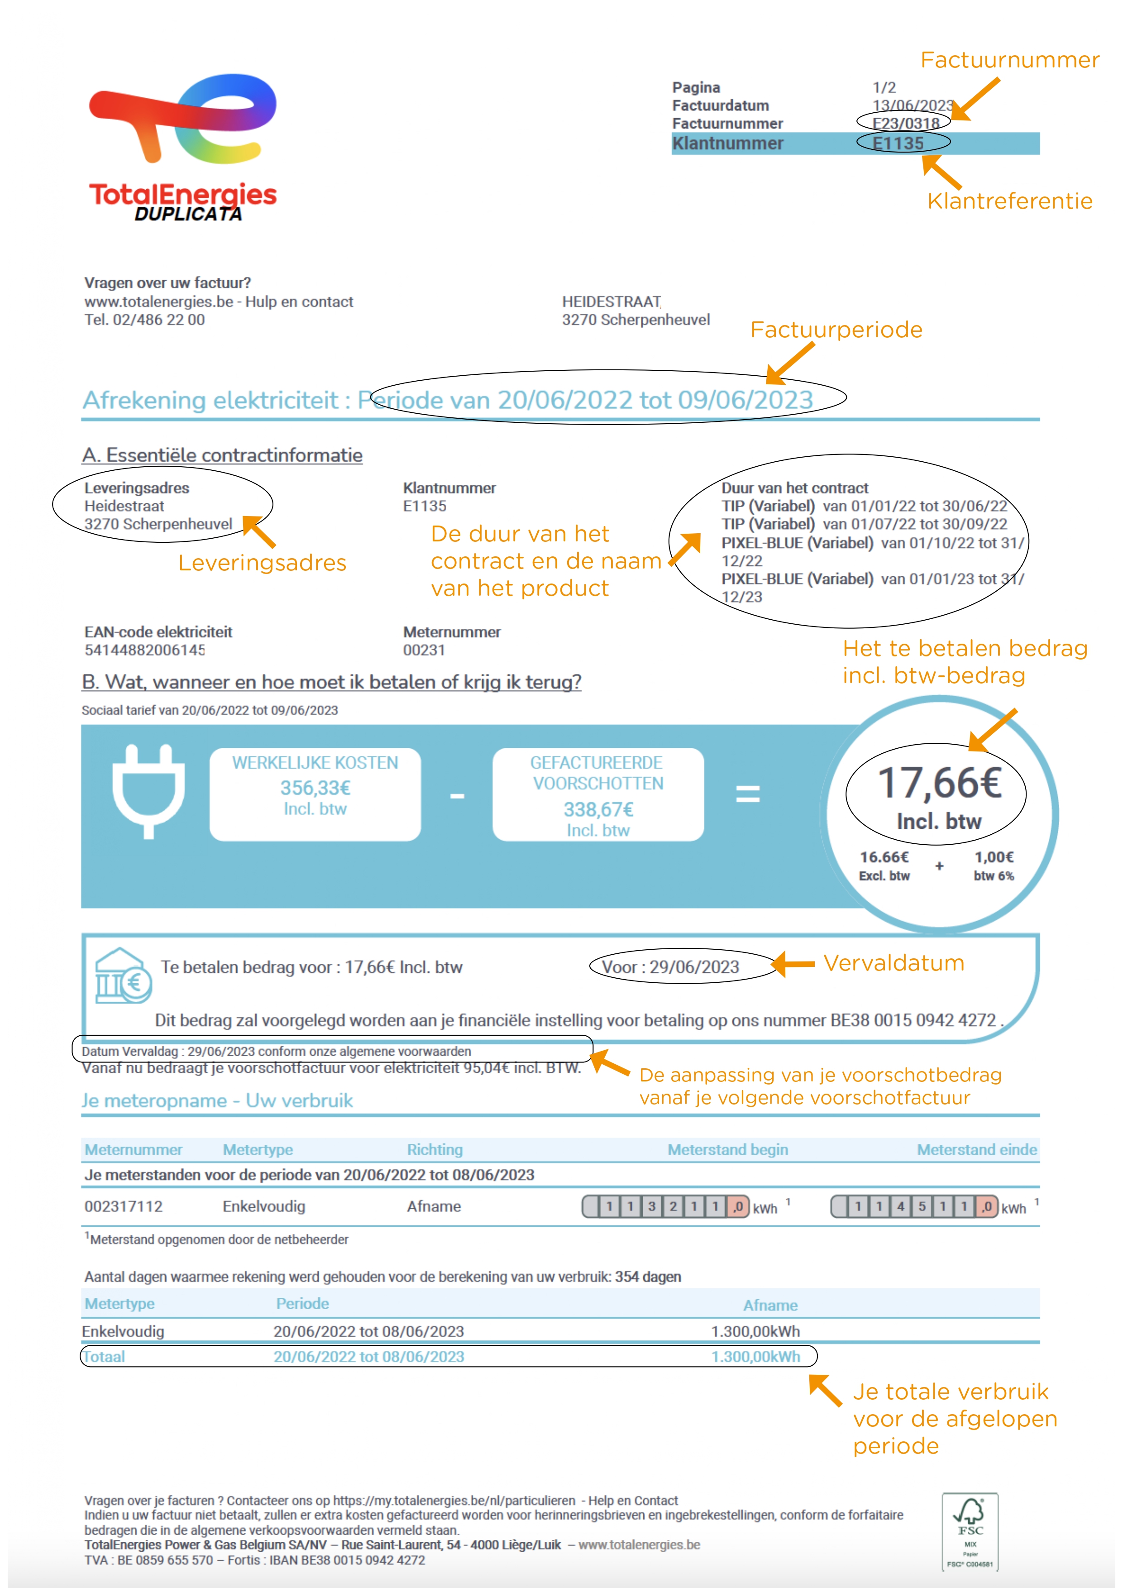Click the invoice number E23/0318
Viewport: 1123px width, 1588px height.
[x=905, y=123]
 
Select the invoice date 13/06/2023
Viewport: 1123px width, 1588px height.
[x=912, y=105]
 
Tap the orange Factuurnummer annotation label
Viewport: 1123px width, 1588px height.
[x=1009, y=60]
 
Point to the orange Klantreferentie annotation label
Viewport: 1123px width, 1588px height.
[x=1009, y=201]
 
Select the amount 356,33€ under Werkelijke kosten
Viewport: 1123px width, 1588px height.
[x=315, y=788]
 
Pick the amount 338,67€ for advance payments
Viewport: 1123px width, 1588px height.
[x=598, y=809]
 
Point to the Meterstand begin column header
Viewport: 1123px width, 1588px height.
[x=727, y=1149]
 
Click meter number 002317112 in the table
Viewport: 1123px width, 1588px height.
[x=123, y=1206]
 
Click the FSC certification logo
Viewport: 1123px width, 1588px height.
[x=970, y=1531]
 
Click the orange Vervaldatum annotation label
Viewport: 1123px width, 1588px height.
[x=894, y=963]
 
